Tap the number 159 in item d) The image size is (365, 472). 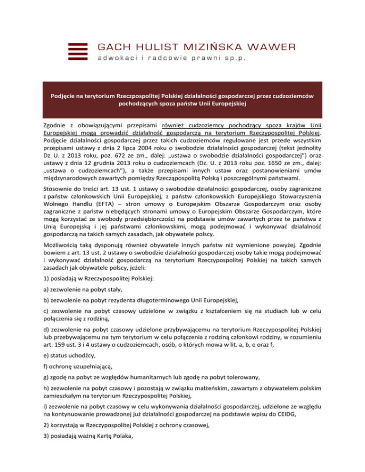(x=54, y=350)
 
